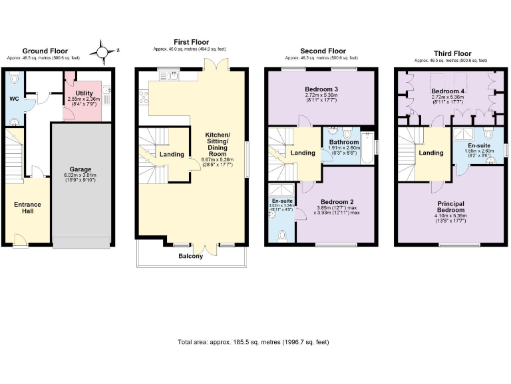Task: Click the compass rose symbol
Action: (x=102, y=50)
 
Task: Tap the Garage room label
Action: (x=81, y=169)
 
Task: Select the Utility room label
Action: (x=84, y=93)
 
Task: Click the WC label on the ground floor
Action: (x=14, y=99)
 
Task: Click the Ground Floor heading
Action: (x=45, y=51)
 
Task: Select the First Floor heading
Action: (x=191, y=41)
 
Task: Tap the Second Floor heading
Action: (x=323, y=51)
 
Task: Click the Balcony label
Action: (x=191, y=256)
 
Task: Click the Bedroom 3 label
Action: (x=321, y=89)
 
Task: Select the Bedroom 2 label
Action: (x=337, y=201)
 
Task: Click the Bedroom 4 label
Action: (x=447, y=91)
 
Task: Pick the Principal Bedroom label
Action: (x=450, y=207)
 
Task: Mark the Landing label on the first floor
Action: (x=172, y=155)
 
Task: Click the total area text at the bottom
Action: (x=253, y=342)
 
